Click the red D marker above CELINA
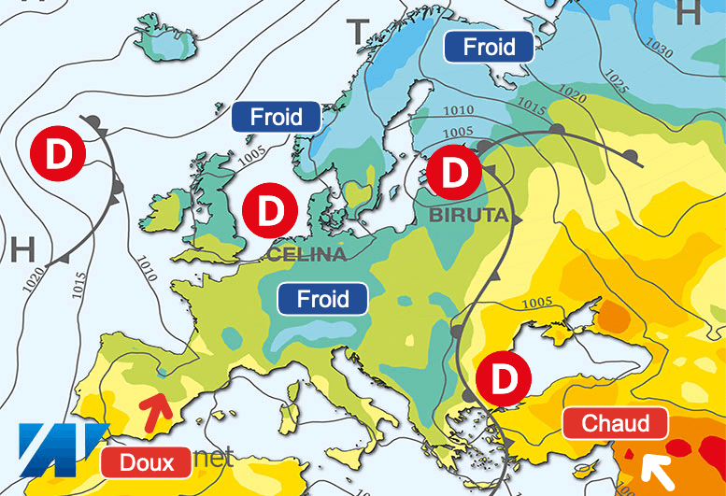[x=269, y=209]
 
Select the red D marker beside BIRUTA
[x=455, y=172]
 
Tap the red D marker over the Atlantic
[x=58, y=155]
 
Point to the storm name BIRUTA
[x=468, y=216]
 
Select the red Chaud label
[x=616, y=424]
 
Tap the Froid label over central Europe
[x=322, y=300]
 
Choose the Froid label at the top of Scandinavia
[x=489, y=46]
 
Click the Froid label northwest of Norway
[x=277, y=117]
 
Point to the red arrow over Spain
[x=157, y=407]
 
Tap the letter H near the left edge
[x=23, y=249]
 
